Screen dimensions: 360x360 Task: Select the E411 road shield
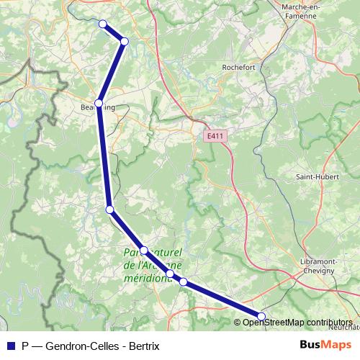(214, 136)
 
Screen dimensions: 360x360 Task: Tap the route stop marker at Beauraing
(99, 103)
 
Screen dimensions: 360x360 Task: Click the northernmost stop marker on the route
(102, 24)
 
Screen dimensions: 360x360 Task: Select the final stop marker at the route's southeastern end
(261, 316)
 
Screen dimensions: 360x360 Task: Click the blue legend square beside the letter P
(10, 345)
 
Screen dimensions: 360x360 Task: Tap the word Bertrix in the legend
(142, 345)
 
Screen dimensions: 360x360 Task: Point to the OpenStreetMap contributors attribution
(297, 323)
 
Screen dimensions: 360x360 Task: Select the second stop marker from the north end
(125, 41)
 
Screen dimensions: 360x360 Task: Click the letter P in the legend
(25, 345)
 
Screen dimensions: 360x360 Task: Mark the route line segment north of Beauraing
(112, 72)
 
